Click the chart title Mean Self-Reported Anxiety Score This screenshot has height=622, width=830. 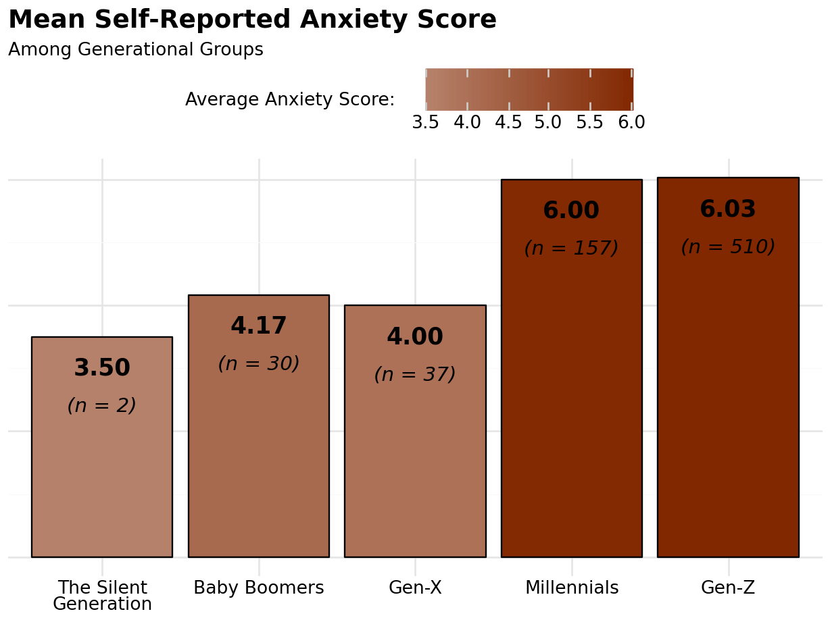tap(252, 20)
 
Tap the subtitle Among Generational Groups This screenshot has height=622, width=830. tap(135, 50)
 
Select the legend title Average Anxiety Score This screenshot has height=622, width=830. tap(289, 100)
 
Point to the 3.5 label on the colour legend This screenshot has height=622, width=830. tap(425, 123)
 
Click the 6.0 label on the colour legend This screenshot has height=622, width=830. tap(631, 123)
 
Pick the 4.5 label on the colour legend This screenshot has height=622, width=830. tap(508, 123)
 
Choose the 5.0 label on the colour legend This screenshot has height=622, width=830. tap(548, 123)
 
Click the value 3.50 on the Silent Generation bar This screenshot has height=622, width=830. tap(102, 368)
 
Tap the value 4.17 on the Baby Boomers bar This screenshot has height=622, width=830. tap(259, 326)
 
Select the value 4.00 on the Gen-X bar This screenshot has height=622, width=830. tap(415, 337)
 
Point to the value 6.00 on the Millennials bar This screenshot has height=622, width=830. tap(571, 211)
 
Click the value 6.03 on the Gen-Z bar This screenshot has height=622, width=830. tap(728, 209)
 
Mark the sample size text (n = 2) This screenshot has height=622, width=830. tap(102, 406)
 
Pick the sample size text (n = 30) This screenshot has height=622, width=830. tap(259, 364)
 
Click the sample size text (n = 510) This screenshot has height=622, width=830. tap(728, 247)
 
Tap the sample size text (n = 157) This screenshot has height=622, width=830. tap(571, 249)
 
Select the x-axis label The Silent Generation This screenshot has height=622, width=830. tap(102, 596)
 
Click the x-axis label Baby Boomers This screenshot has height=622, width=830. tap(259, 588)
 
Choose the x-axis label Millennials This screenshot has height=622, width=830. tap(572, 588)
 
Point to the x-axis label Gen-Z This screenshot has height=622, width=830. tap(728, 588)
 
